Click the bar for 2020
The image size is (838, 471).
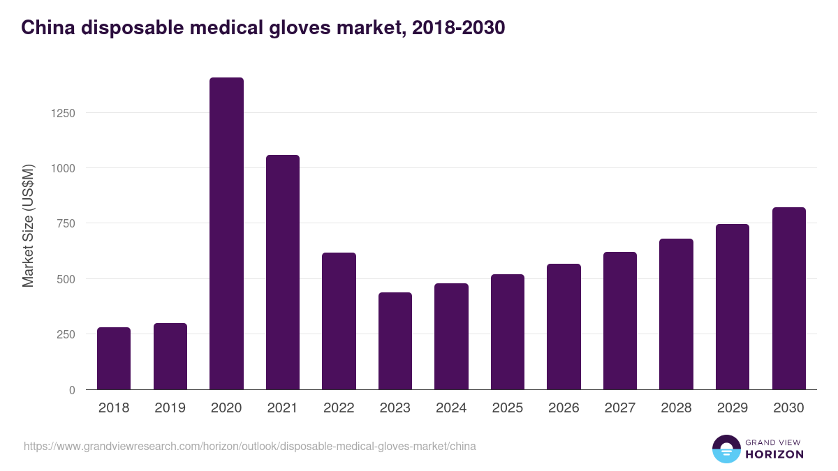tap(226, 233)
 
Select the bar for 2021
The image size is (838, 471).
tap(283, 272)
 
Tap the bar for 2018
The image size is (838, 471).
tap(114, 358)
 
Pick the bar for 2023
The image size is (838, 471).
tap(395, 341)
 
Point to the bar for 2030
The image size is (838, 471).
tap(789, 298)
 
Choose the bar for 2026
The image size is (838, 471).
tap(564, 327)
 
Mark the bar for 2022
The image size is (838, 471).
tap(339, 321)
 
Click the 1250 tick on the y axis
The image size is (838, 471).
tap(63, 113)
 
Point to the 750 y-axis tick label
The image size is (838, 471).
tap(66, 223)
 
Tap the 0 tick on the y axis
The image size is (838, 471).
tap(72, 390)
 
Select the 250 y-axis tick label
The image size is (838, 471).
tap(66, 334)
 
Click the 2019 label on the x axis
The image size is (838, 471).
tap(170, 408)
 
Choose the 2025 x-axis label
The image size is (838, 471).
tap(508, 408)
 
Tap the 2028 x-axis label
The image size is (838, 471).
tap(677, 408)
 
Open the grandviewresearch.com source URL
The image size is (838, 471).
tap(250, 446)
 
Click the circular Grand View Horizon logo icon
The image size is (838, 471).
tap(726, 449)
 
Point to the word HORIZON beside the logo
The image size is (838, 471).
tap(775, 454)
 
